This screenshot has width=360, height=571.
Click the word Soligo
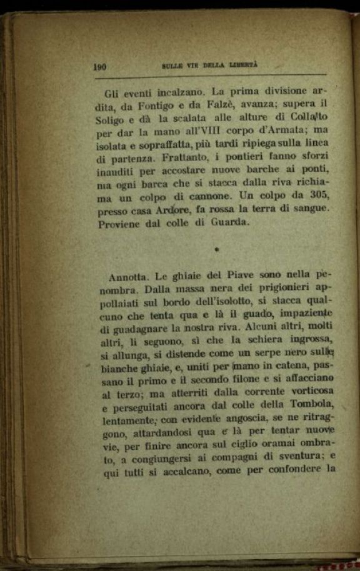114,121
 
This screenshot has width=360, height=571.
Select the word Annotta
127,277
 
